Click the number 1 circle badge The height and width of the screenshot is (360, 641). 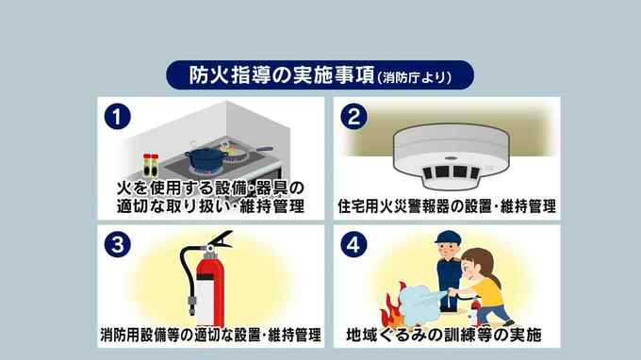coord(117,117)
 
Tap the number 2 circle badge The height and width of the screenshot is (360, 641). coord(353,117)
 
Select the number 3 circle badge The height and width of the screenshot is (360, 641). coord(117,245)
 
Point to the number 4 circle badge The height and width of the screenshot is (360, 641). coord(353,245)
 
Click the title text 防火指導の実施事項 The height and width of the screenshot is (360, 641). coord(282,75)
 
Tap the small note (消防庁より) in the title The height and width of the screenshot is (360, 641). coord(414,77)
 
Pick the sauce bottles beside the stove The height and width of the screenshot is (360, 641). coord(151,165)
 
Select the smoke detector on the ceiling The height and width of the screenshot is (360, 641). coord(451,156)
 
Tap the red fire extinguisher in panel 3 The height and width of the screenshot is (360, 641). coord(207,279)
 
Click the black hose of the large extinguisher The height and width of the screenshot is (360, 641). coord(188,278)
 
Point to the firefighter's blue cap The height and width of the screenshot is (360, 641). coord(448,237)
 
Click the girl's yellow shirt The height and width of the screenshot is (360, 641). coord(486,292)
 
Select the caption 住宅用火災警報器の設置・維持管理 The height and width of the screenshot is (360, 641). coord(447,206)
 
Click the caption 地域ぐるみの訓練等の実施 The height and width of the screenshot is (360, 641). coord(444,335)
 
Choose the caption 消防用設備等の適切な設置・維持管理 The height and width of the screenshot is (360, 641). coord(210,335)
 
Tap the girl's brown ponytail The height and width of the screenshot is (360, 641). coord(496,278)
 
